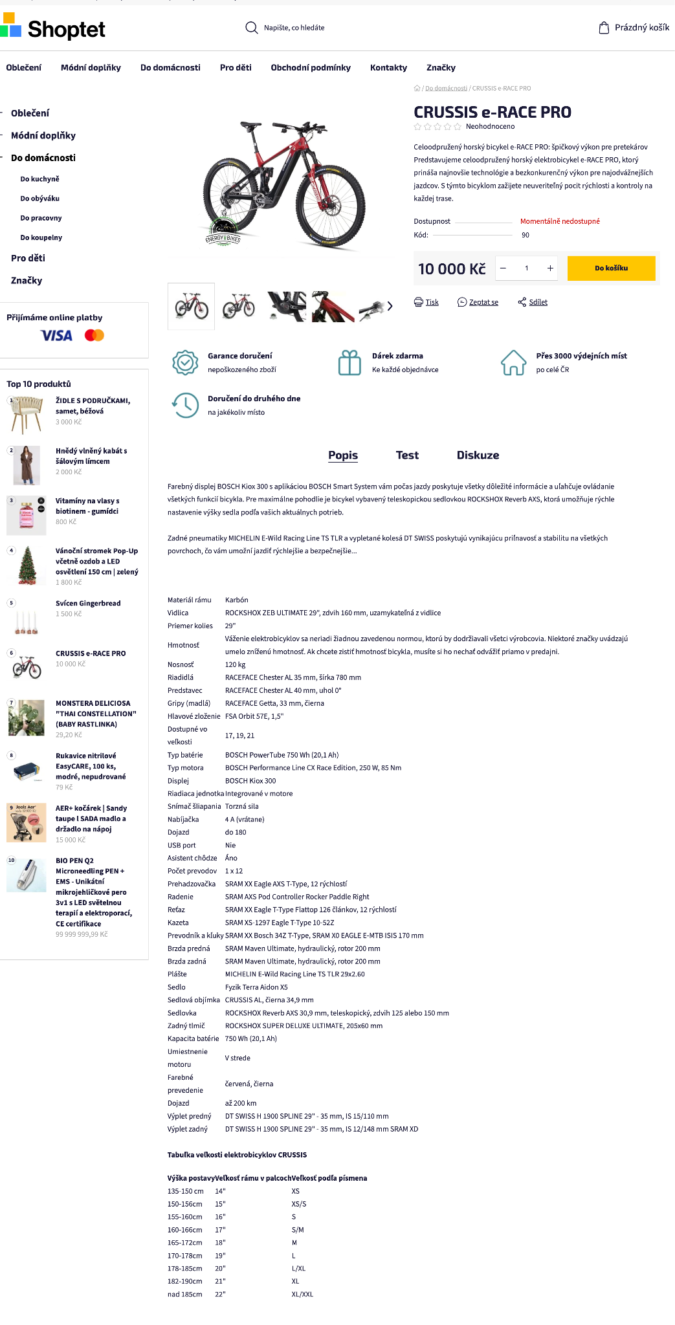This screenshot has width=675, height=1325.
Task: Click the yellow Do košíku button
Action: point(611,268)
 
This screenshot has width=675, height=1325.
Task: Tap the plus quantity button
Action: point(550,268)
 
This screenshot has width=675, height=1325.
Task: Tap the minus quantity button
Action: point(503,268)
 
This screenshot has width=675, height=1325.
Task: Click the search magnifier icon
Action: point(251,28)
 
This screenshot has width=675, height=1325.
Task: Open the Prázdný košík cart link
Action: point(634,28)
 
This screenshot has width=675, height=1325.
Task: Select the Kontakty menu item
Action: point(388,68)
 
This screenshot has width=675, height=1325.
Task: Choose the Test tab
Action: point(407,455)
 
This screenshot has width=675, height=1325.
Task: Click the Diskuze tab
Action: point(478,455)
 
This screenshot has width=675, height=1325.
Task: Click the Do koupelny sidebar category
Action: point(41,237)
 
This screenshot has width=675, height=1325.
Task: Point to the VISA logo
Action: point(56,335)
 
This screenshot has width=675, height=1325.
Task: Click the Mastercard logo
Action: point(94,335)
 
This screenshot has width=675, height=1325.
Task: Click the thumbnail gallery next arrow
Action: point(390,306)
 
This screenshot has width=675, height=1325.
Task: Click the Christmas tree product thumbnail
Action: point(27,565)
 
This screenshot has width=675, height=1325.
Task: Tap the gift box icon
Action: point(349,362)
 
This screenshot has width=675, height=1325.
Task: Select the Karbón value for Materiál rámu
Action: point(237,600)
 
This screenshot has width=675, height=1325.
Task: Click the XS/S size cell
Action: point(299,1204)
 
